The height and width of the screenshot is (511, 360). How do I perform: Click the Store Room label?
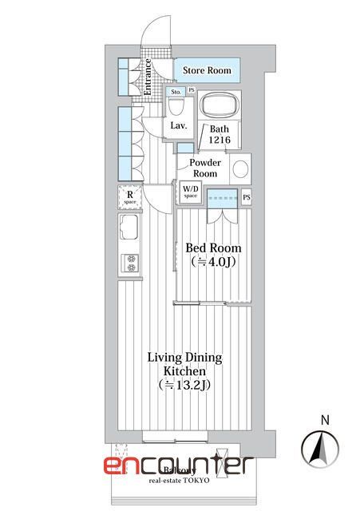click(207, 71)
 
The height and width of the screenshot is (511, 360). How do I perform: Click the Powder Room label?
click(205, 168)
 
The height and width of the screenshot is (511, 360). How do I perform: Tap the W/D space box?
click(191, 192)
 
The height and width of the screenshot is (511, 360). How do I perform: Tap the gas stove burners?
click(130, 263)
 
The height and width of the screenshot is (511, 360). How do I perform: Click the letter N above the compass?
click(322, 419)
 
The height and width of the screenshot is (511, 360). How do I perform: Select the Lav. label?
click(178, 125)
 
